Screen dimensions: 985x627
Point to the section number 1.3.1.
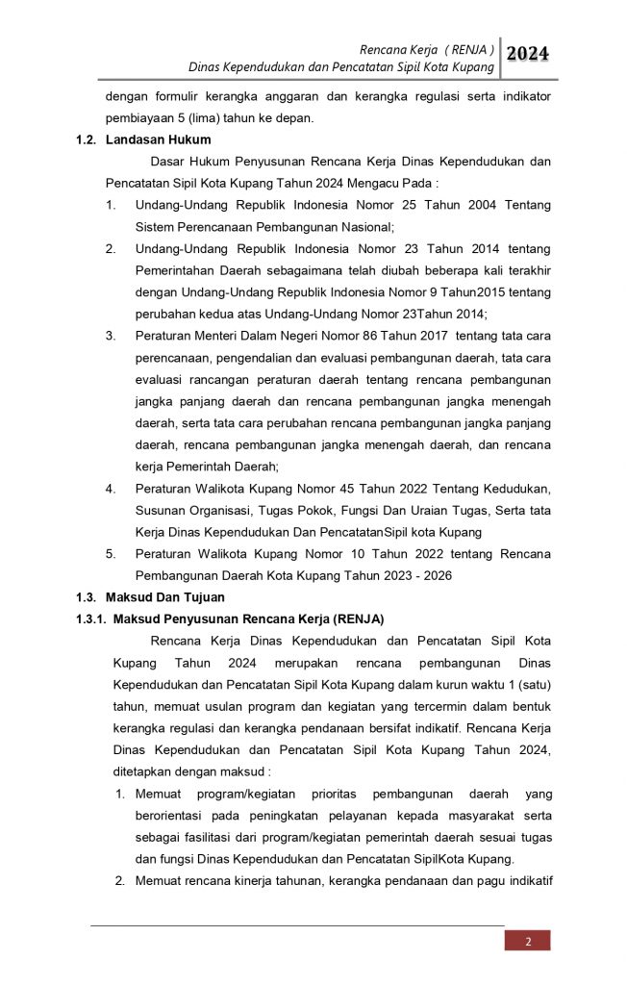point(94,619)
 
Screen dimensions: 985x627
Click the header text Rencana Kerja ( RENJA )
point(427,48)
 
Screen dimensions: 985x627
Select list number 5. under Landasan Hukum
point(112,554)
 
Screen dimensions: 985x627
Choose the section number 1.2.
point(87,139)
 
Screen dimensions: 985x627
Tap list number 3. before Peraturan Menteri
point(112,336)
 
